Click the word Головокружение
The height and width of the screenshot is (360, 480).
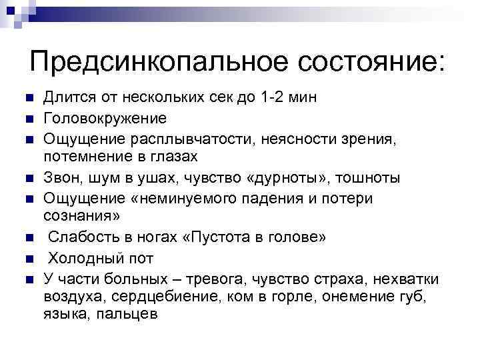(x=105, y=118)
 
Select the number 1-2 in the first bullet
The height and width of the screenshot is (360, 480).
(x=273, y=98)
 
